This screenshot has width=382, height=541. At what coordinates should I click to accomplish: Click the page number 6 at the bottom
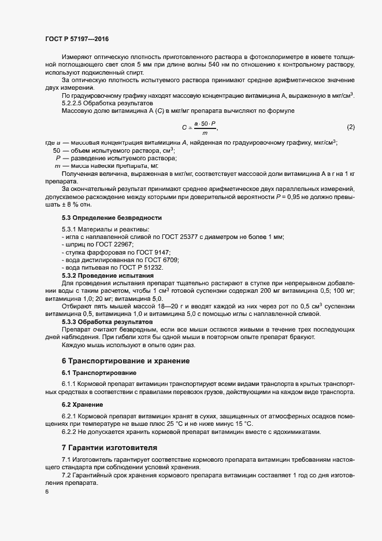point(47,491)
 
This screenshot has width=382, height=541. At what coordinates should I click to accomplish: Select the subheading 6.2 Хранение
point(83,404)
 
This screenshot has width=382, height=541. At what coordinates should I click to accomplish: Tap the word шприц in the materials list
point(74,245)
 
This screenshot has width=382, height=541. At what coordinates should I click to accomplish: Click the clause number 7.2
point(67,475)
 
